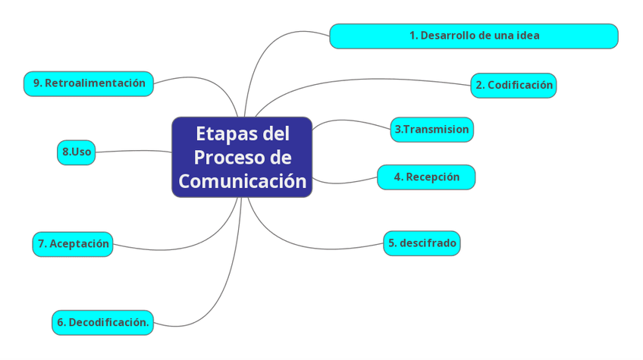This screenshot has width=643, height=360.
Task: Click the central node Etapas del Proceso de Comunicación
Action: click(x=242, y=157)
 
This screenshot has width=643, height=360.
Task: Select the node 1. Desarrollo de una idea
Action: click(x=474, y=36)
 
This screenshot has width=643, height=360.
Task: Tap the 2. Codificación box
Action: click(x=513, y=86)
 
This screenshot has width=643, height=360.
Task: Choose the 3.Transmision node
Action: click(x=431, y=130)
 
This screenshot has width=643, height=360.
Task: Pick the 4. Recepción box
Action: click(x=426, y=177)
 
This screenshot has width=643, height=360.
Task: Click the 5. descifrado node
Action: click(x=422, y=243)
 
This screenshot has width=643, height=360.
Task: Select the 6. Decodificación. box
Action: click(x=102, y=322)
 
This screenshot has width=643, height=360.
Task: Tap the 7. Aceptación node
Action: click(x=73, y=244)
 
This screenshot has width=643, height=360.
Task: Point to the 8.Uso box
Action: click(x=77, y=152)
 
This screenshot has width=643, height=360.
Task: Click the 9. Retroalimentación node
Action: click(x=89, y=83)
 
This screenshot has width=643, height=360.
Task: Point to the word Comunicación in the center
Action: click(x=242, y=182)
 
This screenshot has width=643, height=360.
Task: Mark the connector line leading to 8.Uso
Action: click(x=133, y=151)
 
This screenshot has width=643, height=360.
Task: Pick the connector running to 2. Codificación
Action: click(x=364, y=80)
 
